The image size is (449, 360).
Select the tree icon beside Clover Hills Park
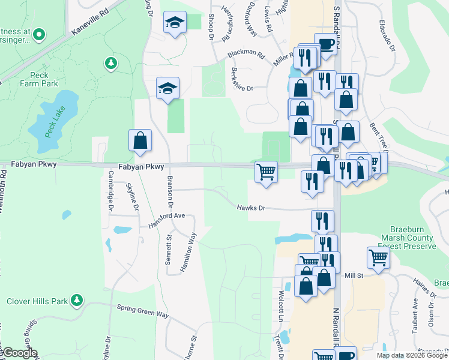click(x=76, y=299)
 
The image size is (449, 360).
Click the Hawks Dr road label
click(x=250, y=208)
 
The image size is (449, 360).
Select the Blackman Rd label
click(x=246, y=53)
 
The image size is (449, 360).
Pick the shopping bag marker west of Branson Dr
click(x=139, y=140)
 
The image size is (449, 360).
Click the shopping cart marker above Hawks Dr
click(x=266, y=172)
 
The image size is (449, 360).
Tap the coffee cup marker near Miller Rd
click(x=325, y=45)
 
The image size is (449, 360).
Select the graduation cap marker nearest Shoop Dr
click(x=175, y=23)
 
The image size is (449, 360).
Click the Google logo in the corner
click(x=19, y=353)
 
